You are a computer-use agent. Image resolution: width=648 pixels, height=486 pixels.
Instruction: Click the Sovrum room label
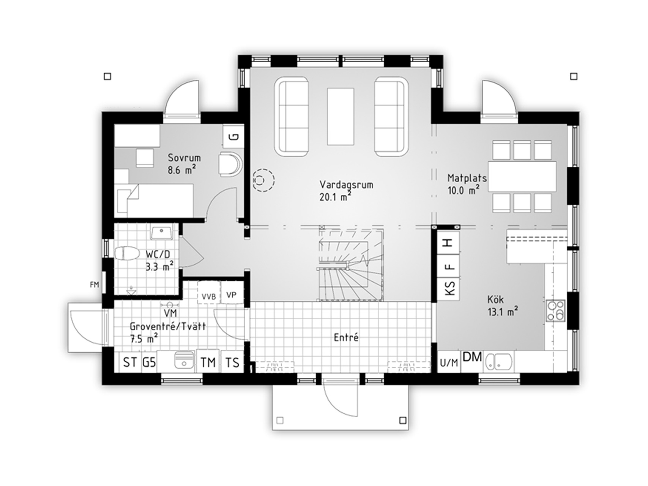point(184,158)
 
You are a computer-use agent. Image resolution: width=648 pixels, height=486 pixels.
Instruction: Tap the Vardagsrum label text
point(346,185)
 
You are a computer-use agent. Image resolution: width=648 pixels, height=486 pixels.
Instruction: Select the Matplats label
point(467,178)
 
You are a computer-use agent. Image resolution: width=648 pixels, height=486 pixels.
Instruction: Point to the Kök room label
point(495,300)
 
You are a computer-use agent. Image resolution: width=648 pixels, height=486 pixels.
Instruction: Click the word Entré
point(346,337)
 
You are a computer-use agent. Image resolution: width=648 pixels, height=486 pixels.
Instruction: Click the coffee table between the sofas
point(341,116)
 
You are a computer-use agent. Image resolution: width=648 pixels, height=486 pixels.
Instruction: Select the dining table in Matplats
point(522,176)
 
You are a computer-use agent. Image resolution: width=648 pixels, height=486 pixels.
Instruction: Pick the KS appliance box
point(449,289)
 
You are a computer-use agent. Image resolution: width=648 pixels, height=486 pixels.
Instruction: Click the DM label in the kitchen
point(472,357)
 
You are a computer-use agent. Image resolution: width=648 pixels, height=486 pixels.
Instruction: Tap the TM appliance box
point(208,362)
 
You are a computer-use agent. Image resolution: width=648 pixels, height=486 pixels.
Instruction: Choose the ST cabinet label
point(130,362)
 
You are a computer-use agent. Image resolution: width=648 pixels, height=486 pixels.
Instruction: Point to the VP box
point(232,292)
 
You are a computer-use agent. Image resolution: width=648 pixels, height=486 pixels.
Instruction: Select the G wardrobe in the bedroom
point(233,136)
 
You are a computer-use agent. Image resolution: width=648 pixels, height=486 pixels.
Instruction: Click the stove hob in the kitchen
point(555,311)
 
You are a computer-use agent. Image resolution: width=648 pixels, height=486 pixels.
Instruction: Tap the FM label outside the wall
point(94,284)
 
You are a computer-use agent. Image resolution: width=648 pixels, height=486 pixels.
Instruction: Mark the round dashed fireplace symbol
point(263,179)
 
